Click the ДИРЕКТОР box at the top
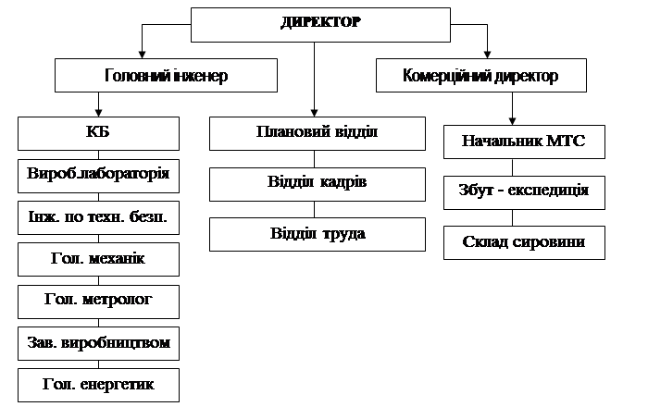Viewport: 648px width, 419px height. (320, 25)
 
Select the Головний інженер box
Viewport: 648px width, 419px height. (166, 75)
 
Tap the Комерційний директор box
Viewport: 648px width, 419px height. (481, 75)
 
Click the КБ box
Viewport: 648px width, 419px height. (98, 133)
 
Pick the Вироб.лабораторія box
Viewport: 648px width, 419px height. (98, 176)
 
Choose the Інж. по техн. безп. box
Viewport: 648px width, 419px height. (98, 217)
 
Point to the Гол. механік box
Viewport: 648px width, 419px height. (98, 259)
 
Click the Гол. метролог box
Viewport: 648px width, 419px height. (98, 302)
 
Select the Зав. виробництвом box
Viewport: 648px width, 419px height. (98, 343)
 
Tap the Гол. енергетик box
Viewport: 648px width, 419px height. (98, 385)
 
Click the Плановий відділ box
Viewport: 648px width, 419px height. (317, 133)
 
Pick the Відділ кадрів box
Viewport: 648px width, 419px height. (317, 184)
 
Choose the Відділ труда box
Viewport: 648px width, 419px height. (317, 234)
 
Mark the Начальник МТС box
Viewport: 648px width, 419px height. (524, 142)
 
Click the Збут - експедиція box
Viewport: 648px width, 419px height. (524, 192)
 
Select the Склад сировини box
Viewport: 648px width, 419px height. (524, 242)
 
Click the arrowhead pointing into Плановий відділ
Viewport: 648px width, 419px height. (314, 113)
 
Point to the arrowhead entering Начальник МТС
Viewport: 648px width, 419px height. (513, 121)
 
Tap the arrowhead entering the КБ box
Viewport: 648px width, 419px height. (98, 113)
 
